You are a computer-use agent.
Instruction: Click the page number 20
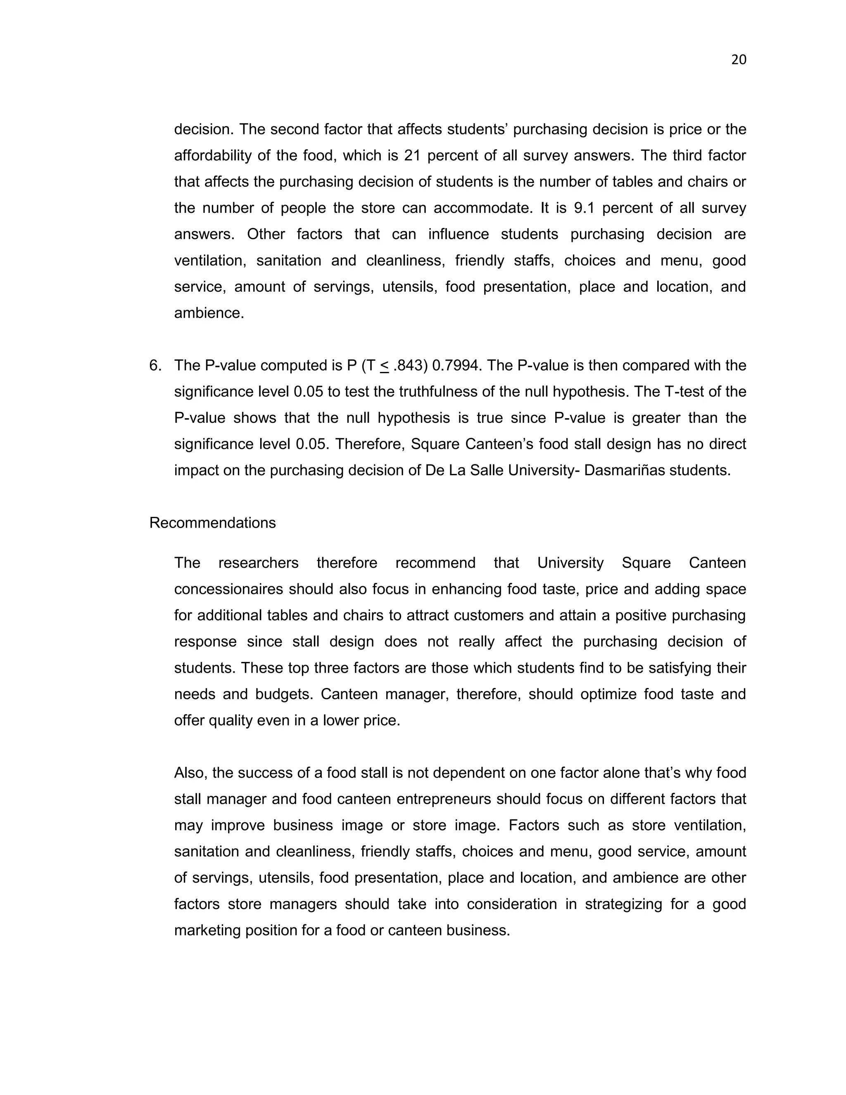click(x=739, y=60)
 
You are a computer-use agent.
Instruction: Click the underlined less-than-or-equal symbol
click(x=385, y=366)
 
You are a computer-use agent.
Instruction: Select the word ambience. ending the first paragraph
click(x=209, y=313)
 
